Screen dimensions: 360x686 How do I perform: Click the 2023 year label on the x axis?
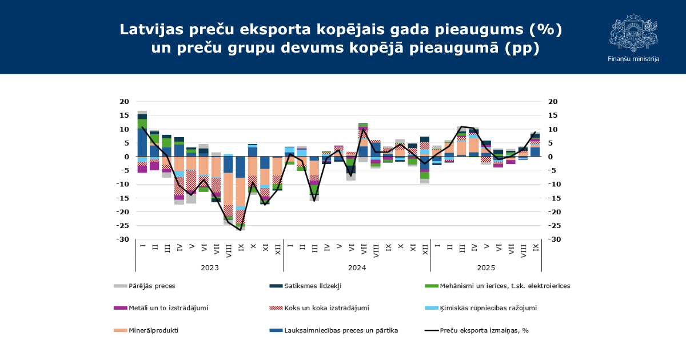[x=209, y=267]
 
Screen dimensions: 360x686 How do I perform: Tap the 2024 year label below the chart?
[x=357, y=267]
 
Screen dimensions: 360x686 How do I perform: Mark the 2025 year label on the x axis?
[x=486, y=267]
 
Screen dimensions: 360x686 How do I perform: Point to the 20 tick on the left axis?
[x=124, y=102]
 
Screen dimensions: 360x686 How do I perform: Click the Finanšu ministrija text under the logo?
[x=633, y=59]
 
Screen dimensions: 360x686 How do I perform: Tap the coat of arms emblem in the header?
[x=633, y=33]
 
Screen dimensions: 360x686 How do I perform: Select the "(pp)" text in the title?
[x=523, y=48]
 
